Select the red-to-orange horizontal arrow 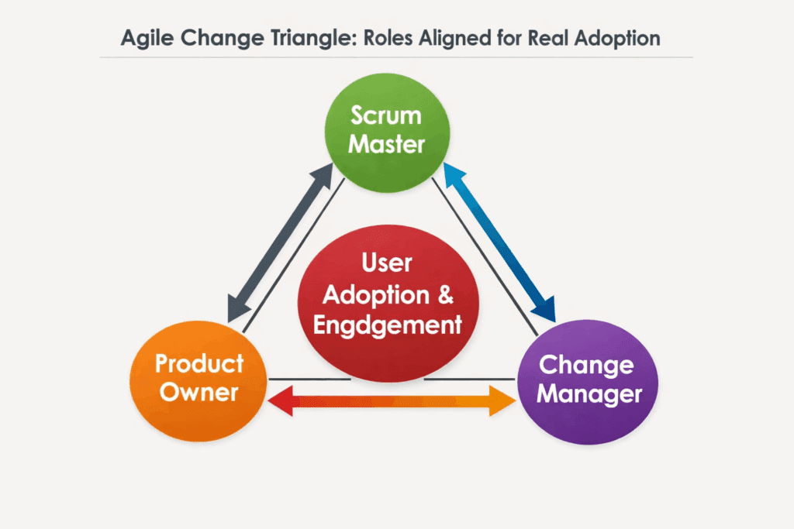tap(392, 400)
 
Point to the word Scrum tap(386, 115)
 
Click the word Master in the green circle tap(386, 143)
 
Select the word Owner tap(198, 392)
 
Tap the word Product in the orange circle tap(198, 363)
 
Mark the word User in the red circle tap(387, 263)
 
